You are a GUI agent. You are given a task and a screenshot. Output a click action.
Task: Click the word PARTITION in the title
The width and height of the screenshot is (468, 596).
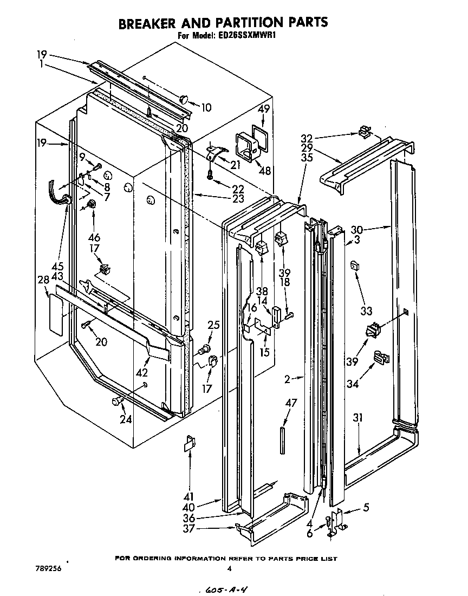tap(236, 23)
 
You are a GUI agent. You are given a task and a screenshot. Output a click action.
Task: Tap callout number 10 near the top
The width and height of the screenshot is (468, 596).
tap(206, 108)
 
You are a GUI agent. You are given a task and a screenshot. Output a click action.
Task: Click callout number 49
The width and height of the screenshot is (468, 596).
tap(263, 108)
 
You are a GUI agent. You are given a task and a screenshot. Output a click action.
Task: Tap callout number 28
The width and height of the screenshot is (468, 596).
tap(44, 280)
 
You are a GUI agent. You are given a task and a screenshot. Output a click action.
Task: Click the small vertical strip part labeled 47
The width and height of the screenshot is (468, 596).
tap(282, 440)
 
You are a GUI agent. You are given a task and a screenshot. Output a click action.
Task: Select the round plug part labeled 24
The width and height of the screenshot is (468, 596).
tap(116, 401)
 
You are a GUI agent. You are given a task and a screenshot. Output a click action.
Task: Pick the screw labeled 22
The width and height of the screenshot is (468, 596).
tap(209, 175)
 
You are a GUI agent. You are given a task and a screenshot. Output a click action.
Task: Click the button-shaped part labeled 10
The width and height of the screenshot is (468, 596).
tap(184, 99)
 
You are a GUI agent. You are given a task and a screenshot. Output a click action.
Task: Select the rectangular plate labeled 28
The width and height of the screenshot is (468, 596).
tap(56, 314)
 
